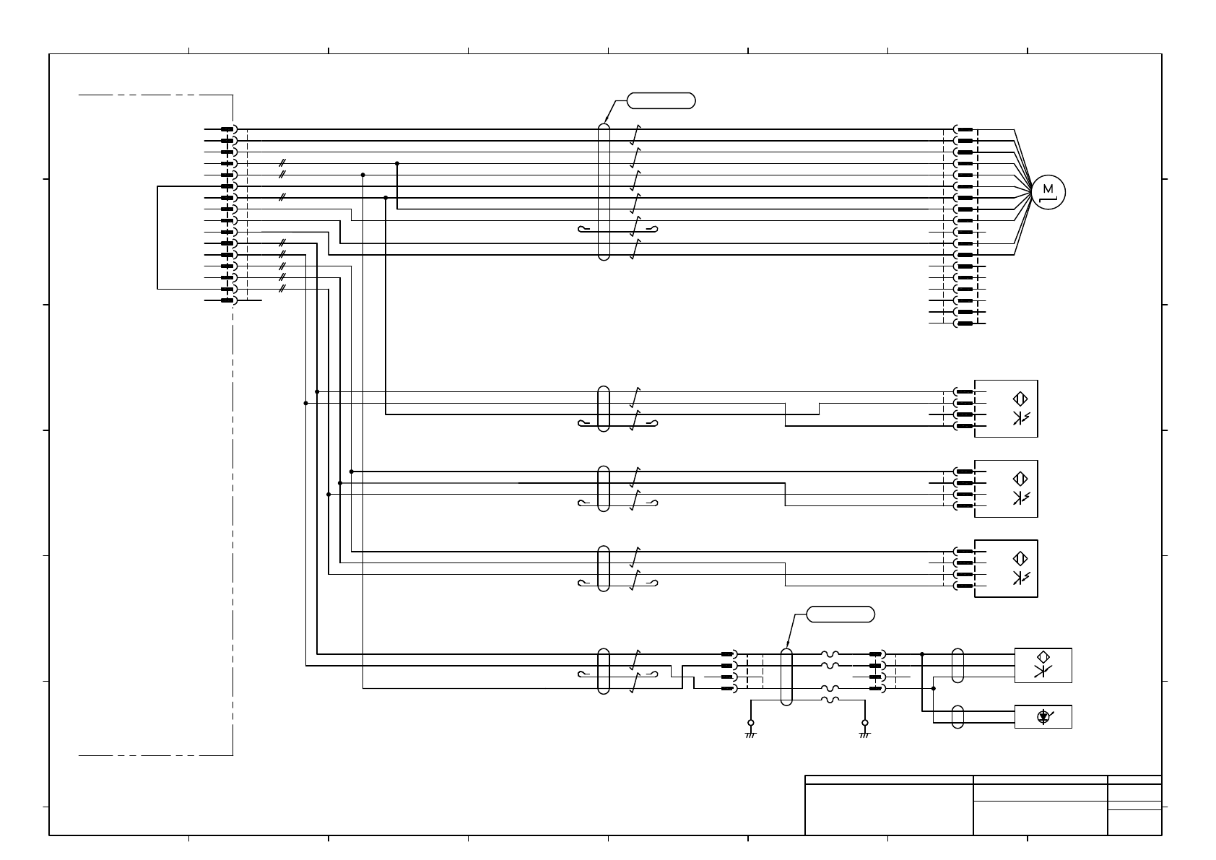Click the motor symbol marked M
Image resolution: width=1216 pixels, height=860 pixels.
[x=1048, y=191]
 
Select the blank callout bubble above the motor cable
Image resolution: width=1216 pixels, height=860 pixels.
[x=661, y=100]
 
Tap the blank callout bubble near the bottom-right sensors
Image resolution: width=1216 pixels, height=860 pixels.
[x=840, y=614]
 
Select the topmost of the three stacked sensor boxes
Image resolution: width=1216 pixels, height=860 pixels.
[x=1006, y=408]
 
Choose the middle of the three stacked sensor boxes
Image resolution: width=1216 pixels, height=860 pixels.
[x=1006, y=488]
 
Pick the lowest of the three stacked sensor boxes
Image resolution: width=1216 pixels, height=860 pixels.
[x=1006, y=568]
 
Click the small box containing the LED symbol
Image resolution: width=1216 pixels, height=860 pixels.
[x=1043, y=716]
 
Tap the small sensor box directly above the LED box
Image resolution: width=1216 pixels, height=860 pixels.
[x=1043, y=665]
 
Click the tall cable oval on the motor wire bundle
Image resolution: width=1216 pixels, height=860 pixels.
[x=604, y=191]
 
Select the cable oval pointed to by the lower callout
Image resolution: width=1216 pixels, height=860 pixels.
[x=786, y=677]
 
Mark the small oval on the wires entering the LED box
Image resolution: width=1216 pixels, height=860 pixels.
[x=957, y=716]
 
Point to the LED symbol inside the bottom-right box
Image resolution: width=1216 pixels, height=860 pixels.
[x=1043, y=716]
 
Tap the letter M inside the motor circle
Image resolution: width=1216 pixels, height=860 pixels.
[x=1048, y=189]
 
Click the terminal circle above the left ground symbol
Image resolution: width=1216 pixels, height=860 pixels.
[x=750, y=722]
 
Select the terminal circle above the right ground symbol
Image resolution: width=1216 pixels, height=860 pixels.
[x=865, y=722]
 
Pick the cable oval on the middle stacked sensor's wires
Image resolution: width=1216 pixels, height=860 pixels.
[x=604, y=488]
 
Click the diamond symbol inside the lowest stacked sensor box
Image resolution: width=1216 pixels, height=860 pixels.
[x=1020, y=558]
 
